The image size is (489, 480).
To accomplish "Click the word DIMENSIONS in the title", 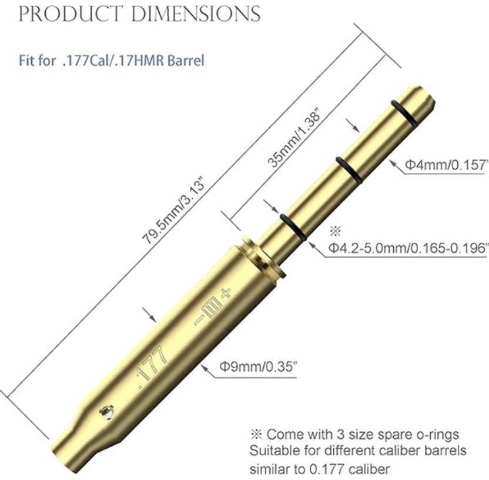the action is [196, 14].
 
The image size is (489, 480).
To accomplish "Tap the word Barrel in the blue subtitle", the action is [186, 60].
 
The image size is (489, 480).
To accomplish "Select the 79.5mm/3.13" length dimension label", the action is [174, 212].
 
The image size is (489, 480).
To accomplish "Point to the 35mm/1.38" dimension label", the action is [294, 138].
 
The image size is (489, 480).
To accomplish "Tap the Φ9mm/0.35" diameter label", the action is [257, 366].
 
